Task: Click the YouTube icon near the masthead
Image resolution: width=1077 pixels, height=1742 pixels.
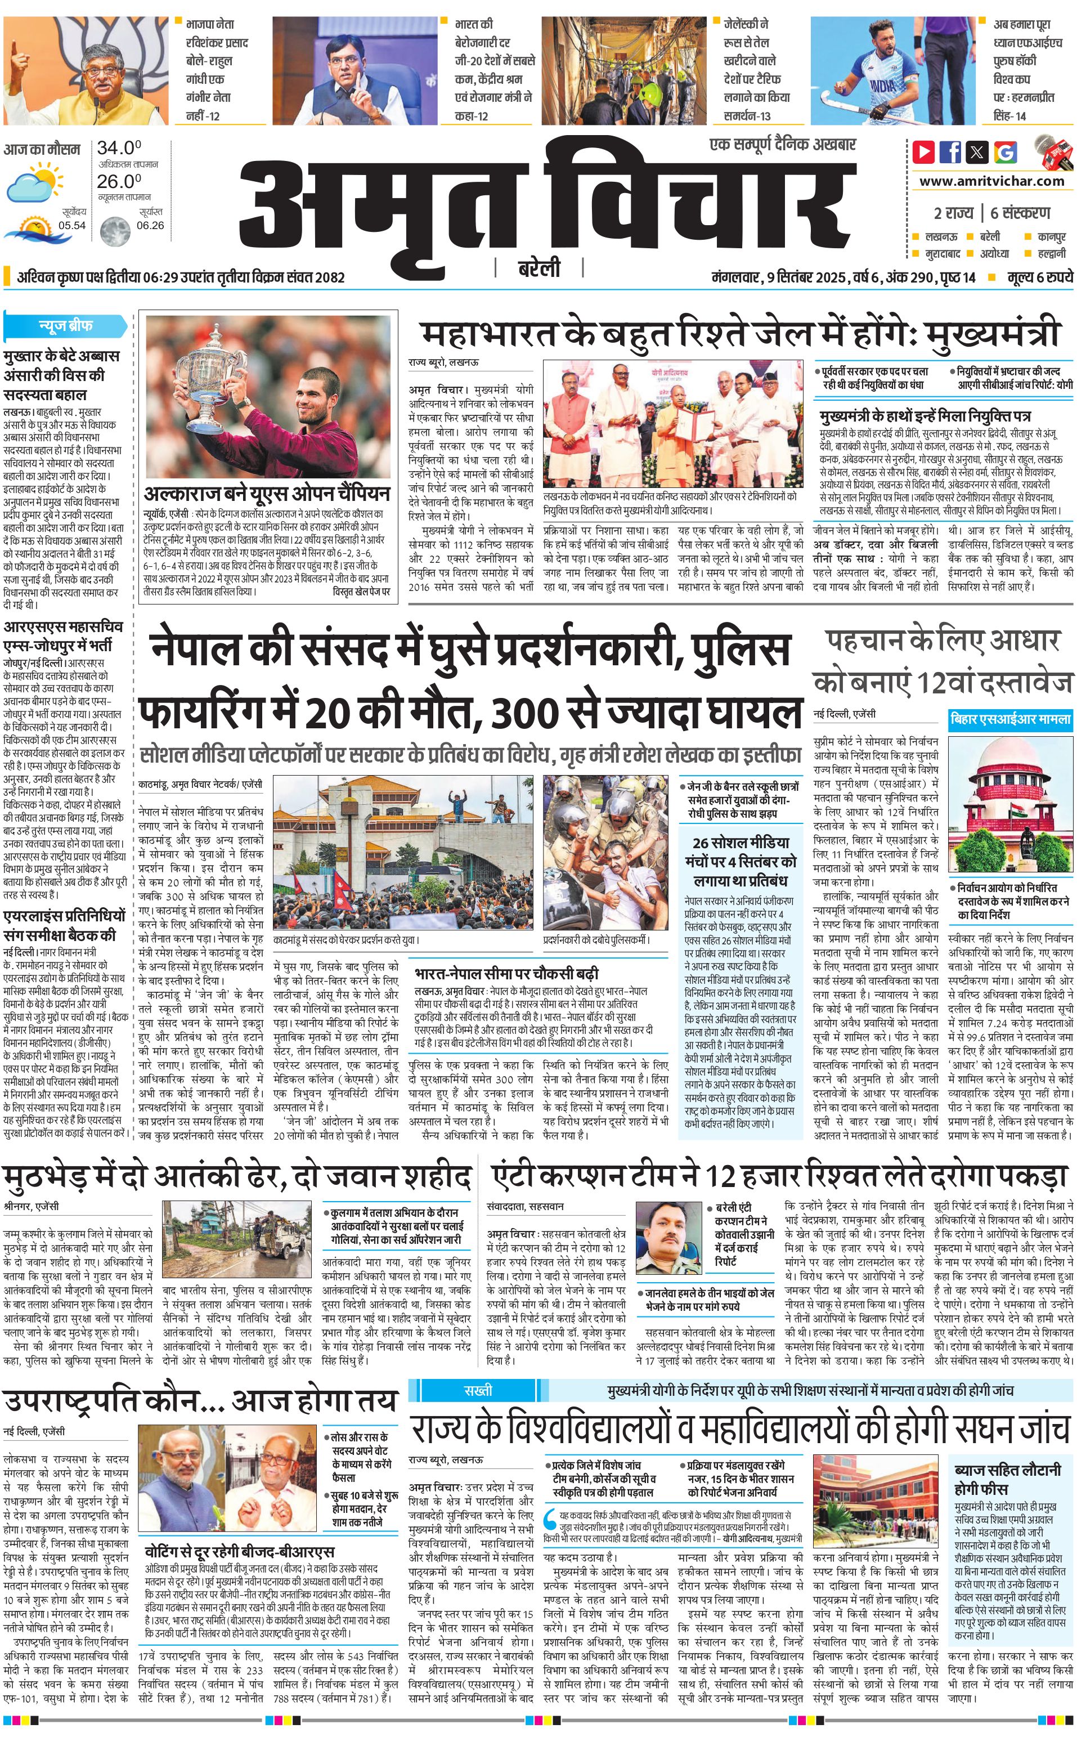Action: point(923,152)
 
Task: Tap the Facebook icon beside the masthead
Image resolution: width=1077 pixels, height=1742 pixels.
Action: point(950,152)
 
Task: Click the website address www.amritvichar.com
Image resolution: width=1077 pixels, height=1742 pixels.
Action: point(991,181)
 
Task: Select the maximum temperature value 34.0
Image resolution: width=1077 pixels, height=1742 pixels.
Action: point(119,148)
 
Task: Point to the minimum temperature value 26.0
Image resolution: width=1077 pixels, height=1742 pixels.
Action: point(119,181)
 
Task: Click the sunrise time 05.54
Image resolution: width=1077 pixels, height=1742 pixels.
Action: point(72,225)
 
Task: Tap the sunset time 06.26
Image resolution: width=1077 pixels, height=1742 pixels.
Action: point(150,225)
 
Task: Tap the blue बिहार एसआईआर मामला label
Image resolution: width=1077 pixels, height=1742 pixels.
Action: point(1010,720)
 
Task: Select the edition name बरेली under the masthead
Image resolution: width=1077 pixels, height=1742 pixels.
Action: point(539,268)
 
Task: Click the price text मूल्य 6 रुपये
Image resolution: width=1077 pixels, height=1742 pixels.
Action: point(1040,277)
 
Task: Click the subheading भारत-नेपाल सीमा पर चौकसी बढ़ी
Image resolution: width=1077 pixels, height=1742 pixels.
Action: point(506,973)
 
